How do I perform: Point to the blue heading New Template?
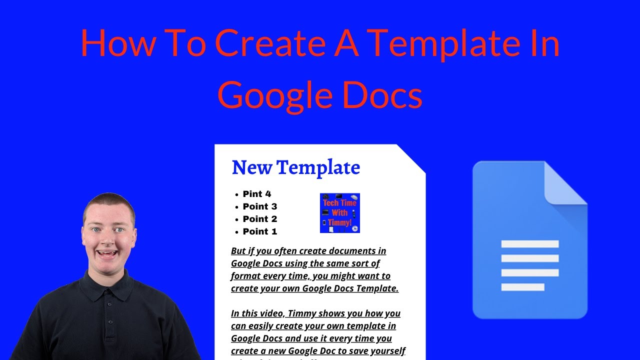(295, 167)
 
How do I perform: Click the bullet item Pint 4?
(256, 194)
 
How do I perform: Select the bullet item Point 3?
(259, 206)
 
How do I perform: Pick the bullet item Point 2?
(259, 219)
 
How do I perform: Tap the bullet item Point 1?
(259, 231)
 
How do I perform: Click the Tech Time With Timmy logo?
(340, 213)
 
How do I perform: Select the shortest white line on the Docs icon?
(522, 287)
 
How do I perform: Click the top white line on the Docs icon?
(529, 244)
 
